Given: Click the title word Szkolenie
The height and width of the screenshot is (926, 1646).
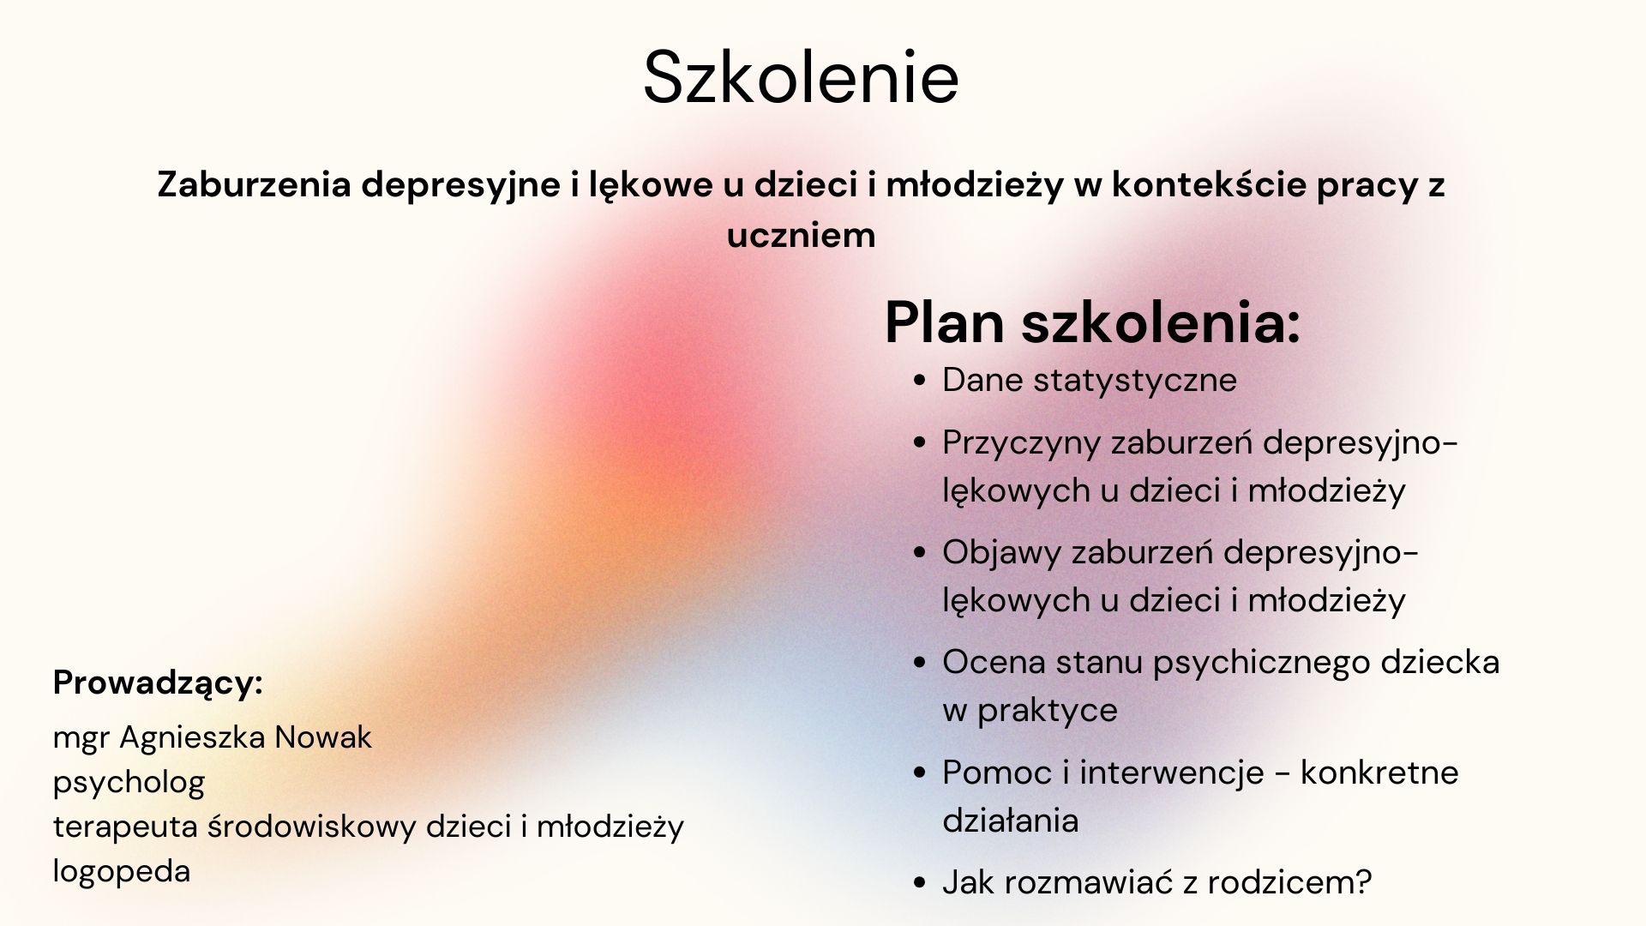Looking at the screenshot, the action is (x=801, y=77).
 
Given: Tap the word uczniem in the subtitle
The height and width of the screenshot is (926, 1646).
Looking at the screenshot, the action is (x=801, y=235).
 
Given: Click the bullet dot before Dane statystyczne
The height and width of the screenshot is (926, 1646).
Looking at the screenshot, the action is (x=921, y=382).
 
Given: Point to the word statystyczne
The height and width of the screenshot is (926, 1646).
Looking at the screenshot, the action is (x=1135, y=381).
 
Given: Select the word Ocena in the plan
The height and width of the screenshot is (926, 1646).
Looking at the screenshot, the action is (x=994, y=662).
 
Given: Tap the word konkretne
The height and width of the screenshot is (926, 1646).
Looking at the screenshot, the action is (x=1379, y=773).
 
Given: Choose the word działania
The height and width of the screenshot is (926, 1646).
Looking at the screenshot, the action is (x=1011, y=821).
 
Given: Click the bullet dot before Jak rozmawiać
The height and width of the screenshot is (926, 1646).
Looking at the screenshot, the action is (x=921, y=884).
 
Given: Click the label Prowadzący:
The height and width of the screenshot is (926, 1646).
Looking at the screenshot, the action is (x=158, y=683).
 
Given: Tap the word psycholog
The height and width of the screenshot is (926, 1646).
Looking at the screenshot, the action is (x=129, y=783).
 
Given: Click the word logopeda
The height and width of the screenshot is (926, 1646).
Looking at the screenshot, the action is (x=122, y=872).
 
